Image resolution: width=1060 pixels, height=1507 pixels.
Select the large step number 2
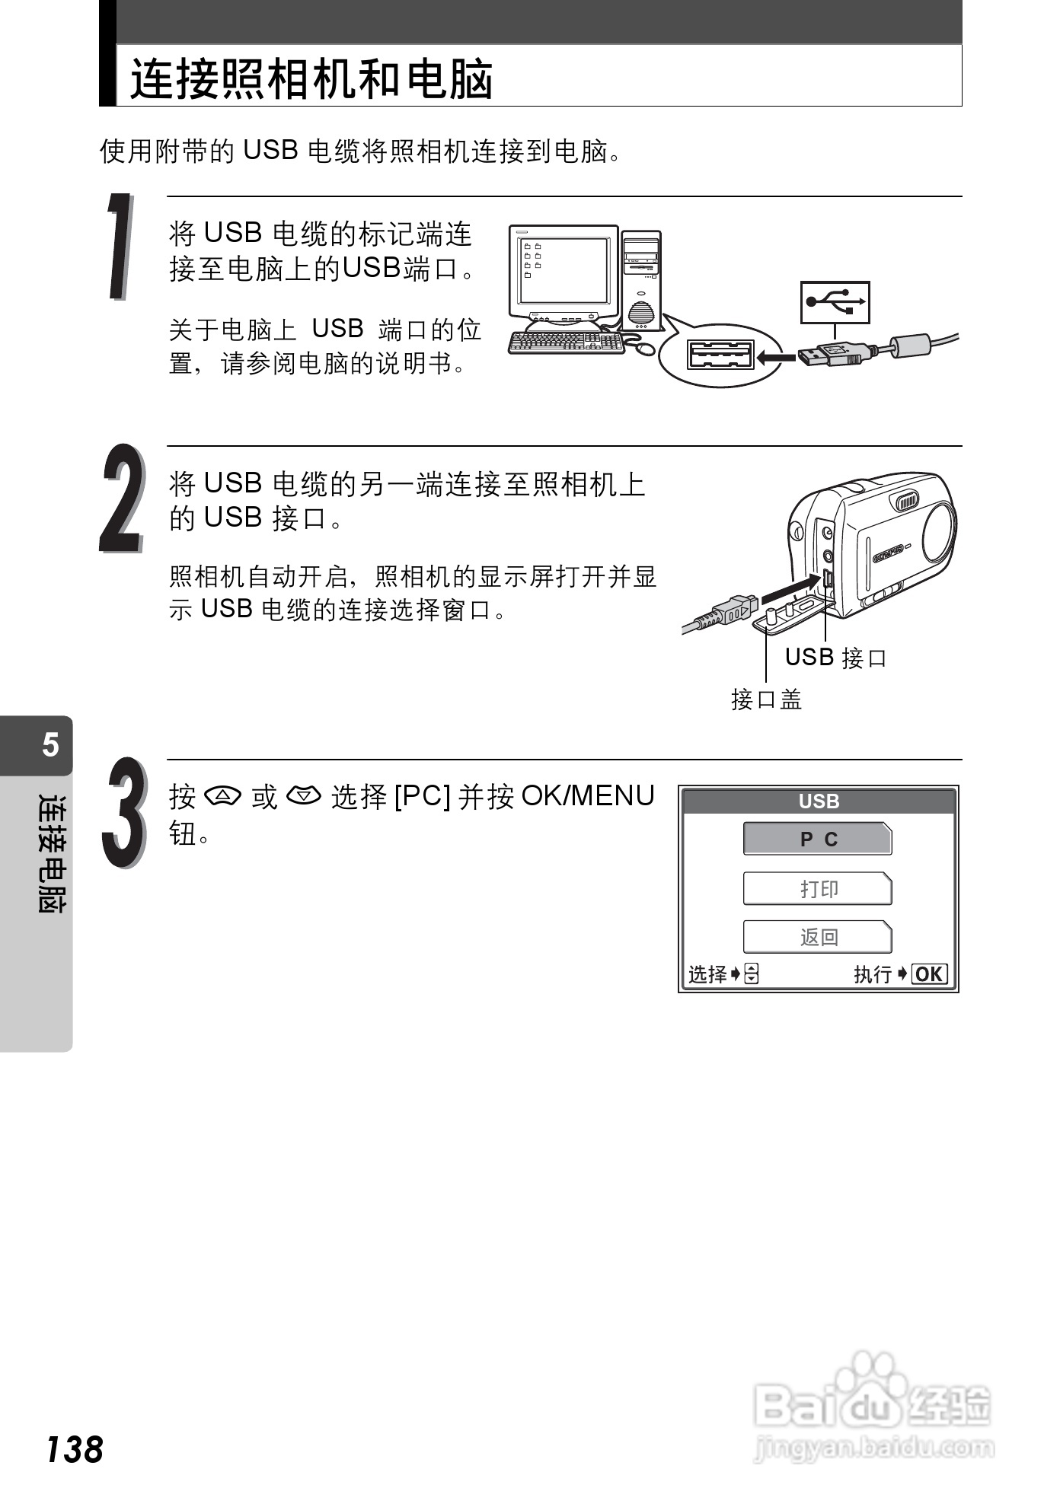[121, 499]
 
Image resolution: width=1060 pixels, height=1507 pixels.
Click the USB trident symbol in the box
[835, 302]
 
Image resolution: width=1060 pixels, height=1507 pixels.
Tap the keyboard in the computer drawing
[565, 342]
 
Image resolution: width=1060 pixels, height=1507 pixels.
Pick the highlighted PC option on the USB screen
[817, 840]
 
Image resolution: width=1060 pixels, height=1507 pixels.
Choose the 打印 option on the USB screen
[817, 889]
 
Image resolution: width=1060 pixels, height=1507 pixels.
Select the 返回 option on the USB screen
[817, 937]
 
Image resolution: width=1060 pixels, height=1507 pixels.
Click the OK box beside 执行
[929, 974]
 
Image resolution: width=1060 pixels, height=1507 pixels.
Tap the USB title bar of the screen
[819, 801]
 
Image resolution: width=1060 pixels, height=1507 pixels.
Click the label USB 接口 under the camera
[835, 658]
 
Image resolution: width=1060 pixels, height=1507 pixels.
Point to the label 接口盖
[766, 699]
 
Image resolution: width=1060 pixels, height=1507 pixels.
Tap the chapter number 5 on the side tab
[50, 744]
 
